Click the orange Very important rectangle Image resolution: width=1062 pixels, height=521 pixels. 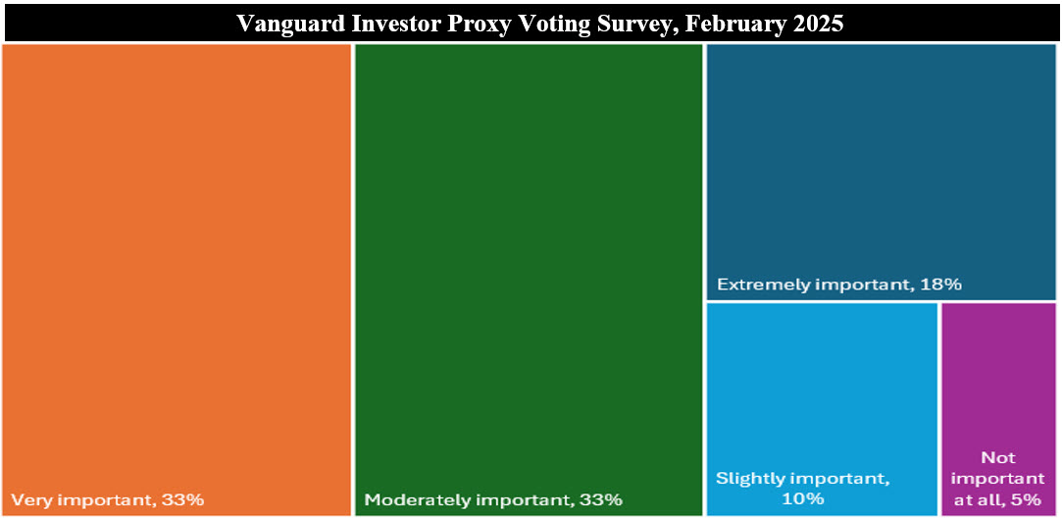tap(177, 280)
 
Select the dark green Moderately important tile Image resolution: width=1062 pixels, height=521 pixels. tap(529, 280)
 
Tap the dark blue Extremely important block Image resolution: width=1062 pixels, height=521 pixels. tap(882, 172)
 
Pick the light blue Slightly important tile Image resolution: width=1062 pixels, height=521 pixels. tap(822, 409)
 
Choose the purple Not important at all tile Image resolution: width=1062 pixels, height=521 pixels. tap(999, 409)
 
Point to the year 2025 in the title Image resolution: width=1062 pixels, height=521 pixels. tap(818, 23)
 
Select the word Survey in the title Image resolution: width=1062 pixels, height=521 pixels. tap(642, 24)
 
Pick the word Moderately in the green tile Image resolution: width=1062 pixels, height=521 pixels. tap(413, 501)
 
